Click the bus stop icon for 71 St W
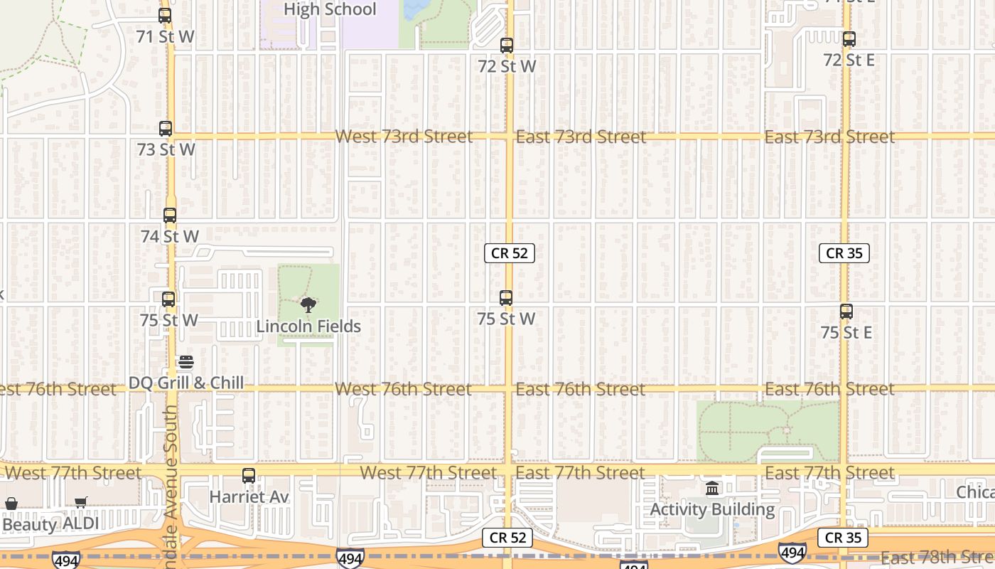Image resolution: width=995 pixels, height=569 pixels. point(165,16)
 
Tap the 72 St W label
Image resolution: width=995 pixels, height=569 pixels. point(507,66)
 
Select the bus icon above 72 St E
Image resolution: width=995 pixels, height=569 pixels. point(849,40)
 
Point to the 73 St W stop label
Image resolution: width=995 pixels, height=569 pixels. point(166,150)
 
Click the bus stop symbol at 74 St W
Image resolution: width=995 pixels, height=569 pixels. point(169,216)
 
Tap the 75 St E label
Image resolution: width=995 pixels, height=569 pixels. point(846,332)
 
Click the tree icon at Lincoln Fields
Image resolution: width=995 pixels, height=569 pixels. point(308,305)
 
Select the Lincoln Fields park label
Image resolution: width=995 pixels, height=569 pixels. point(308,326)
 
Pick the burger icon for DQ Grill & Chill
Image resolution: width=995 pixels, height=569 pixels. point(185,363)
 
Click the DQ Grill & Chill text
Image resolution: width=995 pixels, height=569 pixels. point(186,383)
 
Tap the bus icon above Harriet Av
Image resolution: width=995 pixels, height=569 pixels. point(249,476)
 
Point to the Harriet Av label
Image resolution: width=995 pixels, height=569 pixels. point(249,496)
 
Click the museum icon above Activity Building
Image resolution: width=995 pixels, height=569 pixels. point(712,489)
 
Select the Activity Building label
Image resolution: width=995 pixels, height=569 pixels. point(712,509)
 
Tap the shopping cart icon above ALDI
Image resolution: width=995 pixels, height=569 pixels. point(81,503)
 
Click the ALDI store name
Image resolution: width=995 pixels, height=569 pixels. point(81,523)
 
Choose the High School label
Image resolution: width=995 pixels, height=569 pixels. point(330,9)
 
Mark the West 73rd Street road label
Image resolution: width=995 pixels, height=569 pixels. point(404,137)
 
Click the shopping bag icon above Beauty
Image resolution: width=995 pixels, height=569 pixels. point(11,504)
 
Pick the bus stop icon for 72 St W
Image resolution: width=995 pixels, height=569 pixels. point(507,46)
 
